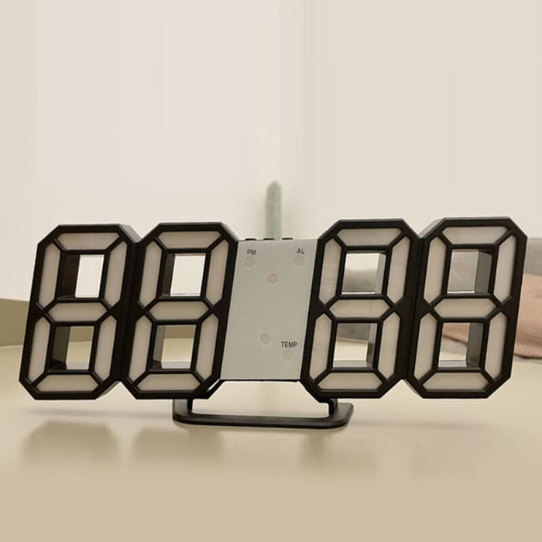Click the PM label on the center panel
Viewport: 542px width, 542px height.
250,252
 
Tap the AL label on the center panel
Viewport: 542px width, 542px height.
300,252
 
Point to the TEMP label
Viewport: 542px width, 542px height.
290,344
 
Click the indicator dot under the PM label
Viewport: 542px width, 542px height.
250,262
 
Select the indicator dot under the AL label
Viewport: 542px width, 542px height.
300,261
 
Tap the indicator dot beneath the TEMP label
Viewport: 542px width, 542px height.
288,355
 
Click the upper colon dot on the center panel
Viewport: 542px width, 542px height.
273,277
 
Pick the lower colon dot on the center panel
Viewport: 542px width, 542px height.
266,338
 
